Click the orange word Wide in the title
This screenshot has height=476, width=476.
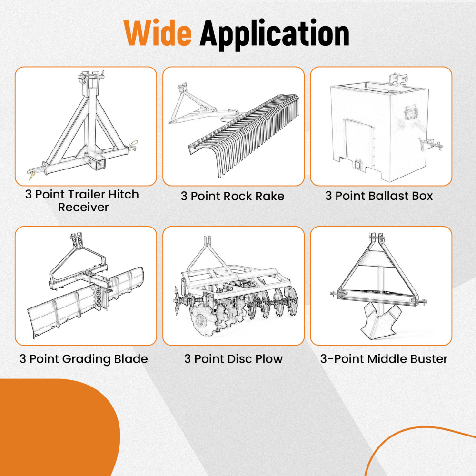(x=158, y=33)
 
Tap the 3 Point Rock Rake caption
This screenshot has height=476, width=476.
(x=233, y=196)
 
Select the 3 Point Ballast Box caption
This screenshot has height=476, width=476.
(x=379, y=196)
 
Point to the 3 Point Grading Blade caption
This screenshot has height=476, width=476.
(x=83, y=359)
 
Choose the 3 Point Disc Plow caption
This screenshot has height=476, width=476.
(x=233, y=359)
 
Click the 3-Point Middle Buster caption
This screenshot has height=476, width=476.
(x=384, y=359)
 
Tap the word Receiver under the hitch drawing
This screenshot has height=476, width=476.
(x=83, y=208)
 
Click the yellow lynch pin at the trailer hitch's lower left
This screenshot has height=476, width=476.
(x=31, y=175)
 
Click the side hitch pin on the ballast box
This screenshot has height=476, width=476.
(x=430, y=145)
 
